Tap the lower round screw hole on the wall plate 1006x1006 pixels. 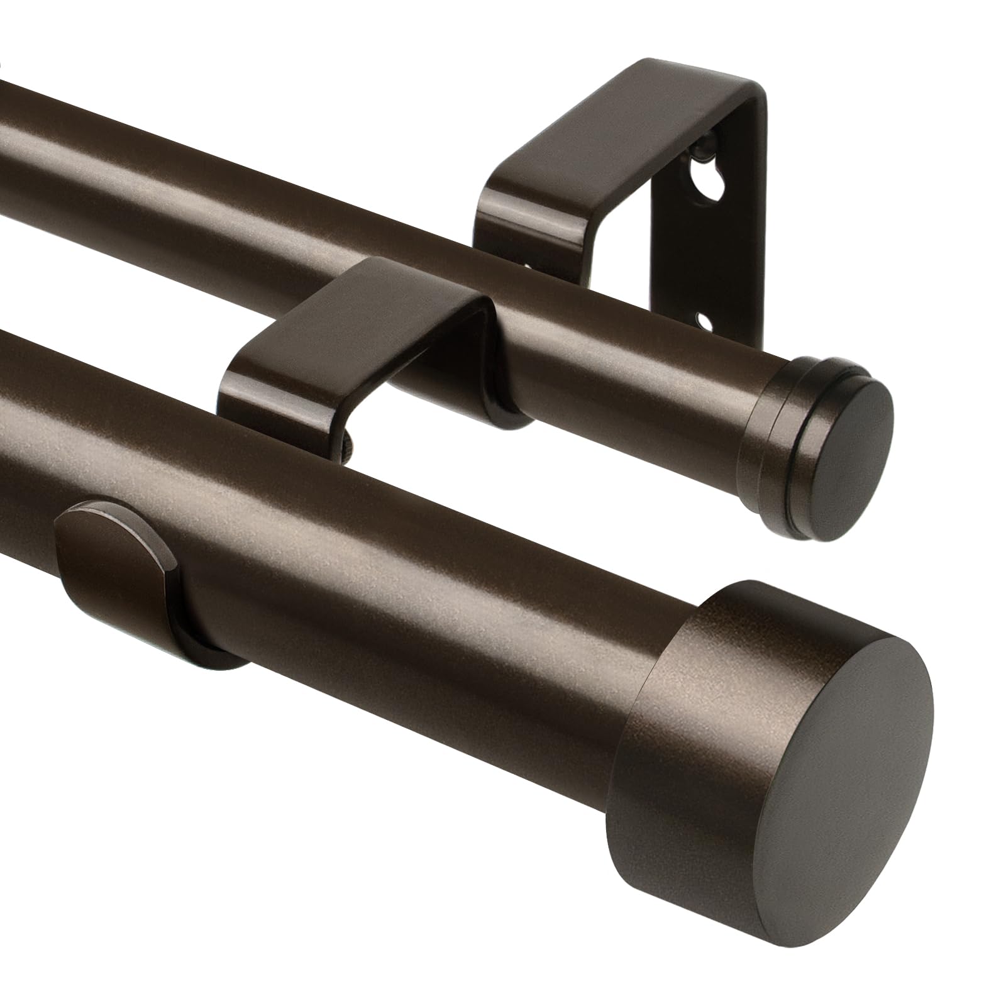[705, 324]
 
